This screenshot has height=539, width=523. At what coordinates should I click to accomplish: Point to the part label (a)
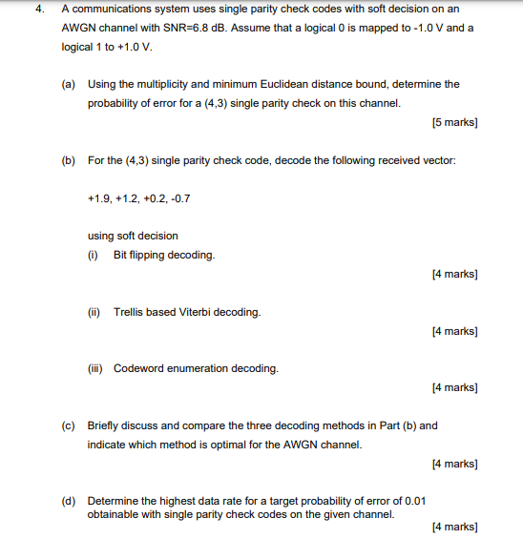70,85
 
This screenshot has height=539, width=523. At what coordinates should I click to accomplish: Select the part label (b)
70,160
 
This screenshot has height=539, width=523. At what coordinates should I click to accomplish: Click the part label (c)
70,425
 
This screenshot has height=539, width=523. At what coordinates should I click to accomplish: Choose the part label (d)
70,500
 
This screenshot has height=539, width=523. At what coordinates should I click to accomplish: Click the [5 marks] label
454,122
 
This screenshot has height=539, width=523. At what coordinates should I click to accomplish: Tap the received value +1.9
97,198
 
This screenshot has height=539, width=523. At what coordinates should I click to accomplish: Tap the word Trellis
128,312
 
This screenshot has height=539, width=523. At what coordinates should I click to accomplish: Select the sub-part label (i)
93,256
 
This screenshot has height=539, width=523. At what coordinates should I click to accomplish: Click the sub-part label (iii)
94,368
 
